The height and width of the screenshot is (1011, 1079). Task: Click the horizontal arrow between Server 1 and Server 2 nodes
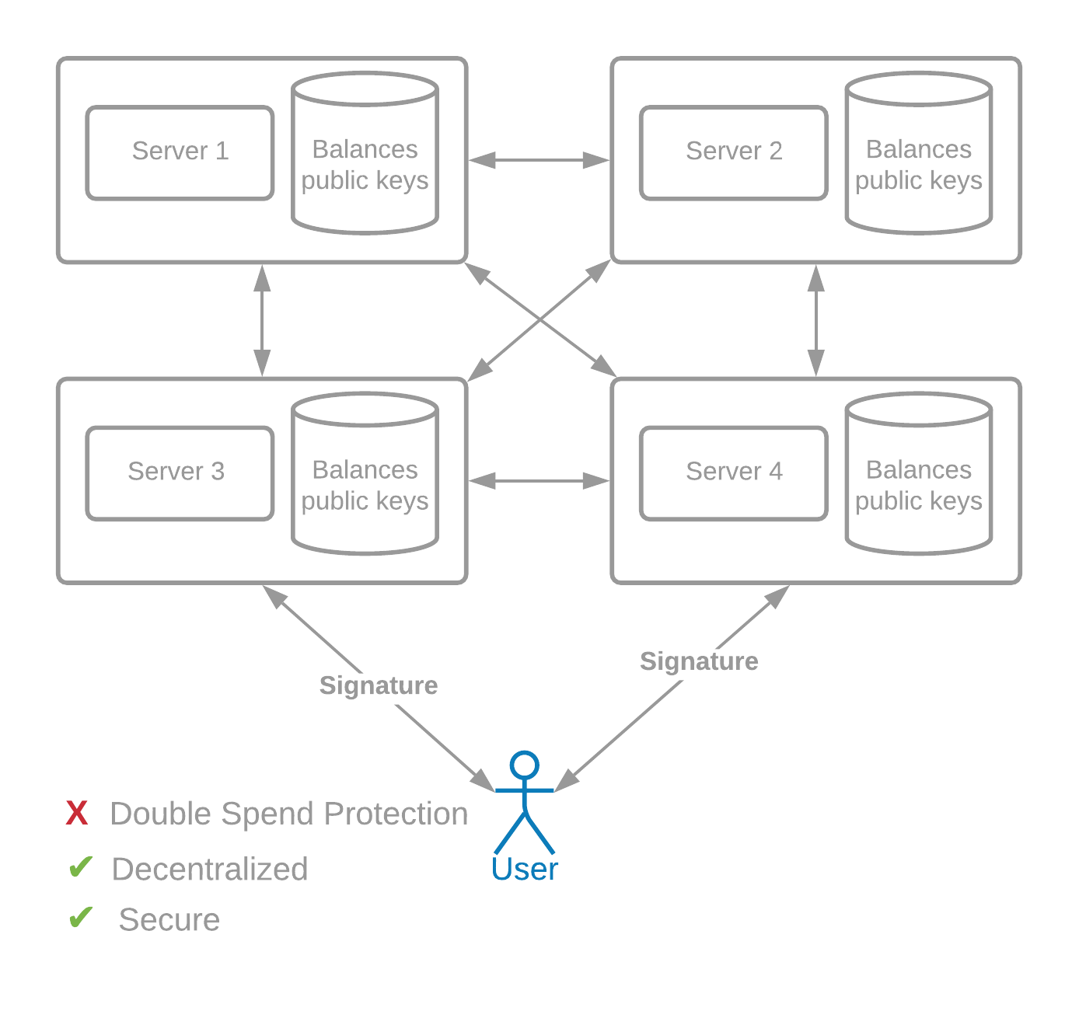coord(539,160)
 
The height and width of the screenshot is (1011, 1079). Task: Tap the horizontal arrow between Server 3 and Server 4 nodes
coord(539,481)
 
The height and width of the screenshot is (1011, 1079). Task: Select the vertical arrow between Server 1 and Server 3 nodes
coord(262,320)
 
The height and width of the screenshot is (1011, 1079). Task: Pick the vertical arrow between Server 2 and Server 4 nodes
coord(816,320)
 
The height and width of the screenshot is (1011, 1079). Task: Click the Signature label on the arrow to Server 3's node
coord(378,685)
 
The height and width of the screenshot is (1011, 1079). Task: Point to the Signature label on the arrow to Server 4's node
coord(699,661)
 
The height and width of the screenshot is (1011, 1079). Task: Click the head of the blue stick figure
coord(524,765)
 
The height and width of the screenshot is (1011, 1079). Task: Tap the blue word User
coord(524,869)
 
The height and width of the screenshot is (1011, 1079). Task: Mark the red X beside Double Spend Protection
coord(77,814)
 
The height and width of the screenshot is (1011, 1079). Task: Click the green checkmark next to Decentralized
coord(80,867)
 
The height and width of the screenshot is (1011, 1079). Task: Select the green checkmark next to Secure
coord(80,918)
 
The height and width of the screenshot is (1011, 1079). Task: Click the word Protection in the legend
coord(396,814)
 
